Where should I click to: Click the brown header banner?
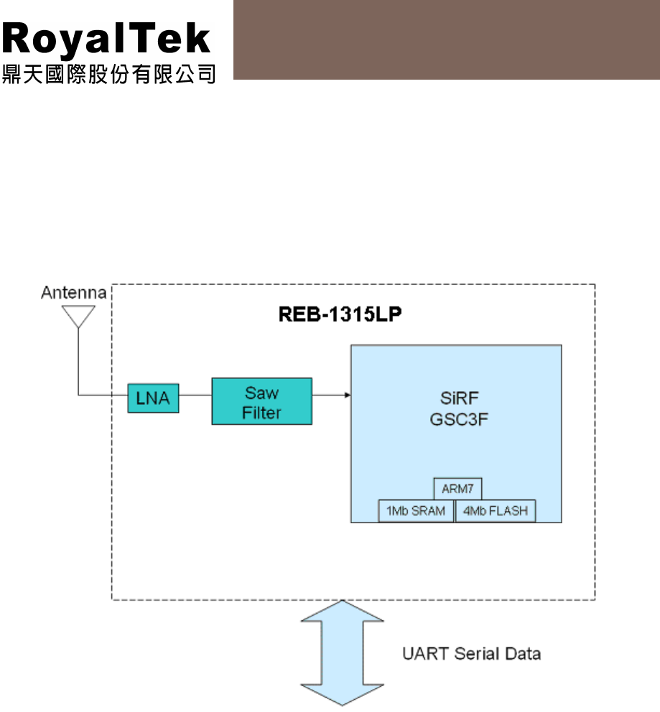click(446, 39)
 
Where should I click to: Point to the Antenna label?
click(74, 293)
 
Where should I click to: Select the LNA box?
click(153, 399)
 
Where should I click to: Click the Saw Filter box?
click(261, 401)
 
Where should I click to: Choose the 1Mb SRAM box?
click(416, 511)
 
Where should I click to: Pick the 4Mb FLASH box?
click(496, 511)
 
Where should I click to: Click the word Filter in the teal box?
click(261, 413)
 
